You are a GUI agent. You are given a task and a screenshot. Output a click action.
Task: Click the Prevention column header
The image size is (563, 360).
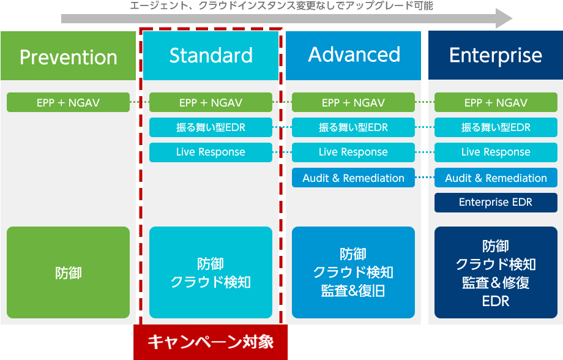(x=68, y=56)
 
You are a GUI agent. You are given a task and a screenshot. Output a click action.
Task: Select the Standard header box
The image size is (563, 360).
(x=211, y=56)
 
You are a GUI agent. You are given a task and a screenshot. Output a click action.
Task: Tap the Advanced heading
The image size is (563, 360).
(x=353, y=56)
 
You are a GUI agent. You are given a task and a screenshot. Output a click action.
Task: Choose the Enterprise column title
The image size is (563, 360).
(x=496, y=55)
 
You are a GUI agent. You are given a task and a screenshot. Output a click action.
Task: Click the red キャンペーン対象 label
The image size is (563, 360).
(x=211, y=342)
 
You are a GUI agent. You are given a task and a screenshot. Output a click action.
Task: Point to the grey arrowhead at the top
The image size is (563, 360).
(x=504, y=18)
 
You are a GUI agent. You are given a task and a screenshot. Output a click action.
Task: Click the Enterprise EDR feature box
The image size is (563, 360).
(x=496, y=202)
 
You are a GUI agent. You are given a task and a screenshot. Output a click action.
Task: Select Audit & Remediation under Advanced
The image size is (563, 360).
(x=353, y=178)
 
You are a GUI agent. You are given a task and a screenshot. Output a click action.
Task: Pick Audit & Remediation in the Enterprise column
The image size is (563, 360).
(x=496, y=178)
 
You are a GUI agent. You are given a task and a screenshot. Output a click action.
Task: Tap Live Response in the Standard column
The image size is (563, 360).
(x=211, y=152)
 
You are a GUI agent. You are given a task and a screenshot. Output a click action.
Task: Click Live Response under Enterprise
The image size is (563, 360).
(x=496, y=152)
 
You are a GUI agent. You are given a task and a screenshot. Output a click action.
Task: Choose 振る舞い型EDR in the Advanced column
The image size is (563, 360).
(x=353, y=127)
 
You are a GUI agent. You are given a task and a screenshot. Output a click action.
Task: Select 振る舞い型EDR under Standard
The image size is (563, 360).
(x=211, y=127)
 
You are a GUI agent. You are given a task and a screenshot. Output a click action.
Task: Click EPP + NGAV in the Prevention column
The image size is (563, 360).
(x=68, y=102)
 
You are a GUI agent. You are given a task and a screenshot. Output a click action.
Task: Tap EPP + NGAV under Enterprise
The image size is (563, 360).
(x=496, y=102)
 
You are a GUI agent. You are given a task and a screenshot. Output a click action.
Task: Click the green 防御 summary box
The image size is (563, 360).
(x=68, y=272)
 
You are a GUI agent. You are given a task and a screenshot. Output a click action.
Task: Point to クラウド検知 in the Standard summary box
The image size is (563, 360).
(x=211, y=282)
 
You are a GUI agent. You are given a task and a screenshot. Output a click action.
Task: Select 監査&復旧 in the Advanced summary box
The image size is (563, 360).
(x=353, y=291)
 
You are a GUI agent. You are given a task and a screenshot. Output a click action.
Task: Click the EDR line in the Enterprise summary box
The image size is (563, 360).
(x=496, y=301)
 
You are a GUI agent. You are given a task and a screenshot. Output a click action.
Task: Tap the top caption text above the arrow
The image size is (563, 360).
(x=281, y=6)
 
